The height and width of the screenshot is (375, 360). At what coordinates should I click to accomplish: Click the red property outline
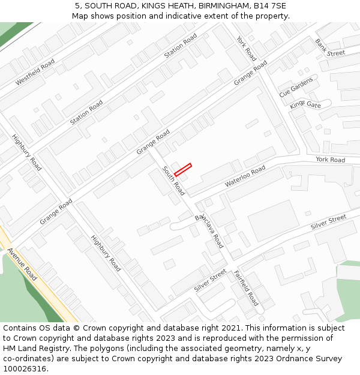coord(183,170)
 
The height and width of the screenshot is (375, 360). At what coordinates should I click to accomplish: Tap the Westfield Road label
coord(35,72)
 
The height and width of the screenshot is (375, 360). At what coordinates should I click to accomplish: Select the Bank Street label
coord(330,48)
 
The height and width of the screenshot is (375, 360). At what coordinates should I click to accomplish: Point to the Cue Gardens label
coord(296,88)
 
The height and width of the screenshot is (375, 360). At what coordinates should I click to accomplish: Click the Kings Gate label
coord(305,105)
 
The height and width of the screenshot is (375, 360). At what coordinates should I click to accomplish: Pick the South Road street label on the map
coord(173,181)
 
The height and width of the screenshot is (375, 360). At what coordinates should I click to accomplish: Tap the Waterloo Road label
coord(245,176)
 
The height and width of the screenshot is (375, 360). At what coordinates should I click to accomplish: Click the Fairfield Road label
coord(245,287)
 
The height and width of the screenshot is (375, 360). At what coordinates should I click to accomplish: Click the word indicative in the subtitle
coord(187,16)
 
